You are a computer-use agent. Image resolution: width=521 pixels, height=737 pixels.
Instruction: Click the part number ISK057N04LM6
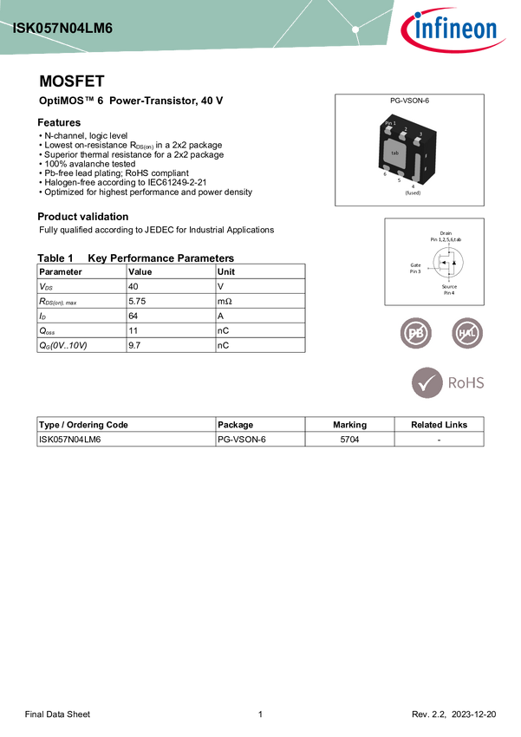point(62,29)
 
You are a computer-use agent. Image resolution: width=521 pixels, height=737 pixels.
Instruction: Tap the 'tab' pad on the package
point(395,153)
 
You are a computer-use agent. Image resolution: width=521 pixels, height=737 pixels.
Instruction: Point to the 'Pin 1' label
point(390,124)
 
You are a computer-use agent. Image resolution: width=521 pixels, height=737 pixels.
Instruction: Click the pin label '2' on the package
point(405,128)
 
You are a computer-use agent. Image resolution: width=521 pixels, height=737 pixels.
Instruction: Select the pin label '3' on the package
point(420,134)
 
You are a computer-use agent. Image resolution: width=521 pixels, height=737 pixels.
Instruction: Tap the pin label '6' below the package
point(385,174)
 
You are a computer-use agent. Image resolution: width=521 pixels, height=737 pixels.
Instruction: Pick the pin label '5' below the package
point(399,179)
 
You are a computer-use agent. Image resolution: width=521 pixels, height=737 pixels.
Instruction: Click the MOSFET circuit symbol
point(448,262)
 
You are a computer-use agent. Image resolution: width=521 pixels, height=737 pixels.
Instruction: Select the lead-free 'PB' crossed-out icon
point(415,333)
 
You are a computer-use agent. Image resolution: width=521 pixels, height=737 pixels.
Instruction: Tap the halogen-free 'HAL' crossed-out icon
point(468,333)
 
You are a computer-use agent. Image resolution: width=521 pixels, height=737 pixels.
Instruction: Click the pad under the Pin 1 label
point(389,132)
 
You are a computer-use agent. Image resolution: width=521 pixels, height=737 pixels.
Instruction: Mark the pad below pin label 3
point(417,141)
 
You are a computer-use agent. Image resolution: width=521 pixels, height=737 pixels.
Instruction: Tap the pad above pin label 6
point(387,167)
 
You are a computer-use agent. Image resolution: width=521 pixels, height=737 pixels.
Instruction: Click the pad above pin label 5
point(401,173)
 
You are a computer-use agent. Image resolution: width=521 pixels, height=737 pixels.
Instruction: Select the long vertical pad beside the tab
point(418,166)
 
